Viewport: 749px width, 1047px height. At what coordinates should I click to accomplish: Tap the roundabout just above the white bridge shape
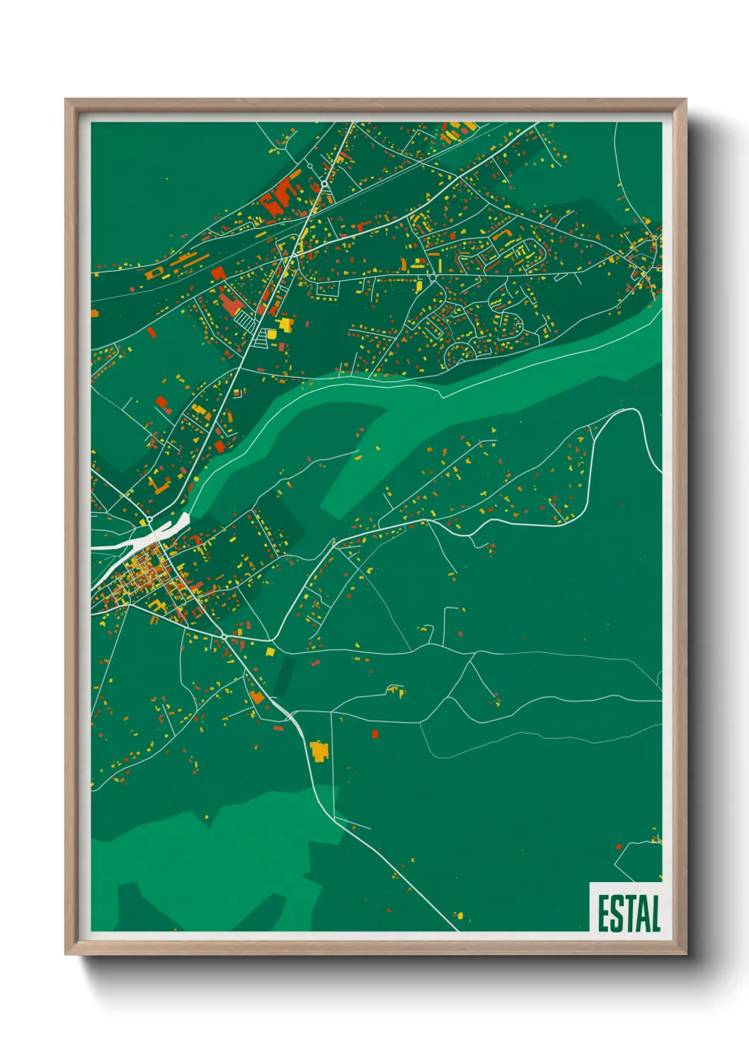click(149, 520)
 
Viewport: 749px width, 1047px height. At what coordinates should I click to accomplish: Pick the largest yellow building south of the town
click(319, 750)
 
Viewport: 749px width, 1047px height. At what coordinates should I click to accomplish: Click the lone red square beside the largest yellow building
click(375, 734)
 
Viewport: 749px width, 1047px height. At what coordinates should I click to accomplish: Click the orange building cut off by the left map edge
click(95, 312)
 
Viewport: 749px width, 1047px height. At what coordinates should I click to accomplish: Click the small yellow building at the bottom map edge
click(459, 916)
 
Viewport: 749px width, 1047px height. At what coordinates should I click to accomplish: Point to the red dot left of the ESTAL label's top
click(619, 846)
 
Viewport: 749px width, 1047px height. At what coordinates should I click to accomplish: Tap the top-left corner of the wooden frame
click(66, 100)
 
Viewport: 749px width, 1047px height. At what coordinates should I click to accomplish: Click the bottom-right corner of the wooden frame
click(685, 954)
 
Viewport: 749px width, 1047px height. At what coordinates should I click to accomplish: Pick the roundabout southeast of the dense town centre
click(224, 637)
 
